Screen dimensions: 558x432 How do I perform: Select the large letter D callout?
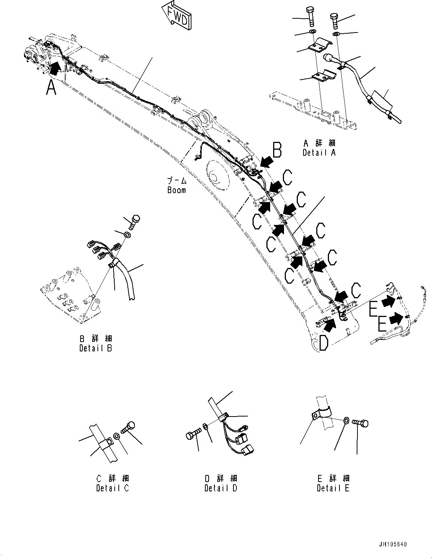pos(323,343)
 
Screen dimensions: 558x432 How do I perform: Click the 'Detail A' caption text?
pos(319,152)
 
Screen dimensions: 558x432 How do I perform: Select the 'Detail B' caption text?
pos(96,348)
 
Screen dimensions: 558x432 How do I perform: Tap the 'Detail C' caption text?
pos(112,488)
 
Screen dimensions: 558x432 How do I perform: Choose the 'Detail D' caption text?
pos(221,488)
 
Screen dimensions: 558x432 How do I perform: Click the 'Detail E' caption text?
pos(333,488)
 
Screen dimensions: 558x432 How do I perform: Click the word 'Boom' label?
pos(176,190)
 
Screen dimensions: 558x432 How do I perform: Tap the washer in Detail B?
pos(127,235)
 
